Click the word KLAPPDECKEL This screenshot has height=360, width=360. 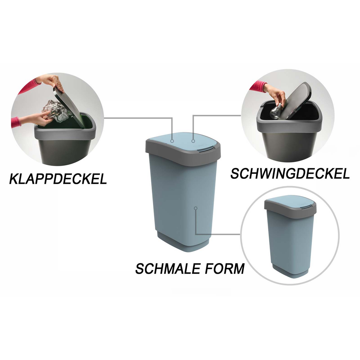pyautogui.click(x=58, y=179)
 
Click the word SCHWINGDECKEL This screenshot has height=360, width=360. pyautogui.click(x=290, y=174)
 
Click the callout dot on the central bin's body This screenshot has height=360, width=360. pyautogui.click(x=195, y=208)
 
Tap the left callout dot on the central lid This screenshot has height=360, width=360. pyautogui.click(x=172, y=141)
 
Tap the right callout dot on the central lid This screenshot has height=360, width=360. pyautogui.click(x=193, y=141)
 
